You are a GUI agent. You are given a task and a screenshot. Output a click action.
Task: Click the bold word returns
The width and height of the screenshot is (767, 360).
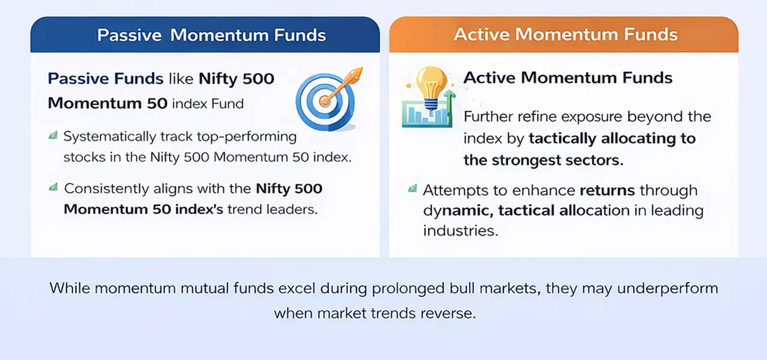coord(607,190)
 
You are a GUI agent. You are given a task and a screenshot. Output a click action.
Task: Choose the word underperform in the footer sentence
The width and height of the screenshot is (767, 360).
coord(667,288)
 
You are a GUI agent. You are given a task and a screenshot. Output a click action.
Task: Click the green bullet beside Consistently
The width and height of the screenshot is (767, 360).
coord(53,188)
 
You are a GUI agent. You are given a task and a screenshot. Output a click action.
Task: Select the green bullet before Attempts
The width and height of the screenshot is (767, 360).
coord(412,189)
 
